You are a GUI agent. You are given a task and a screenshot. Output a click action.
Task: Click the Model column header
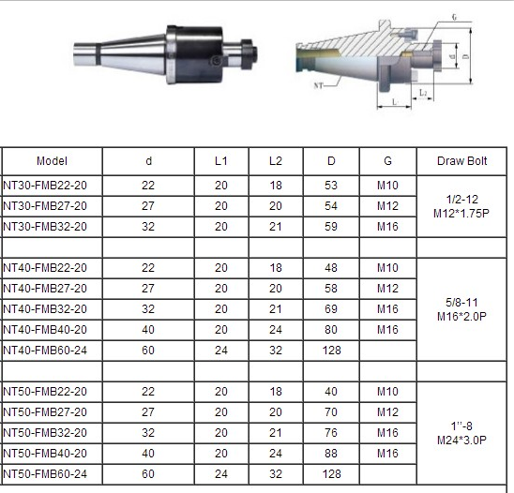[52, 161]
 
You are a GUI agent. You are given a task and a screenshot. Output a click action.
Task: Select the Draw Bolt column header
[461, 161]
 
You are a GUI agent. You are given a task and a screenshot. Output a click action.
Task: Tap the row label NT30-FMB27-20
[45, 206]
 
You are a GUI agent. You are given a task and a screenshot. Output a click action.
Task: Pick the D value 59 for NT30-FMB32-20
[331, 227]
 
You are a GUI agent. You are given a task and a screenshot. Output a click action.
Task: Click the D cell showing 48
[331, 268]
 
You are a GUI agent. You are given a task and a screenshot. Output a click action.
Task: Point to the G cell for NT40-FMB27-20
[387, 289]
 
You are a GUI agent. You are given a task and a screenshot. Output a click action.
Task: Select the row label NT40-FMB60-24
[45, 351]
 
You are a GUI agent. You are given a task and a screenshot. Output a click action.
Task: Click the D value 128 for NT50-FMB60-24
[331, 474]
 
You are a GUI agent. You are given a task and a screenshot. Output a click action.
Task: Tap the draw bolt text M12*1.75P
[461, 214]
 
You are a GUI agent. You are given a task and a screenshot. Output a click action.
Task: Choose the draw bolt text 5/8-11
[461, 303]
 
